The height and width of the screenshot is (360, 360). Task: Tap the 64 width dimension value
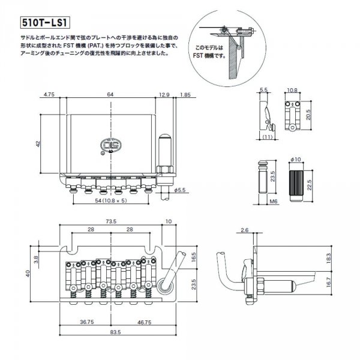[x=112, y=94]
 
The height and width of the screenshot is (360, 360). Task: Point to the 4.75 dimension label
[x=50, y=94]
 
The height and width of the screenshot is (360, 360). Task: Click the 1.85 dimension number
[x=185, y=94]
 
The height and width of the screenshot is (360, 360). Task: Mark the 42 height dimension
[x=38, y=143]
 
